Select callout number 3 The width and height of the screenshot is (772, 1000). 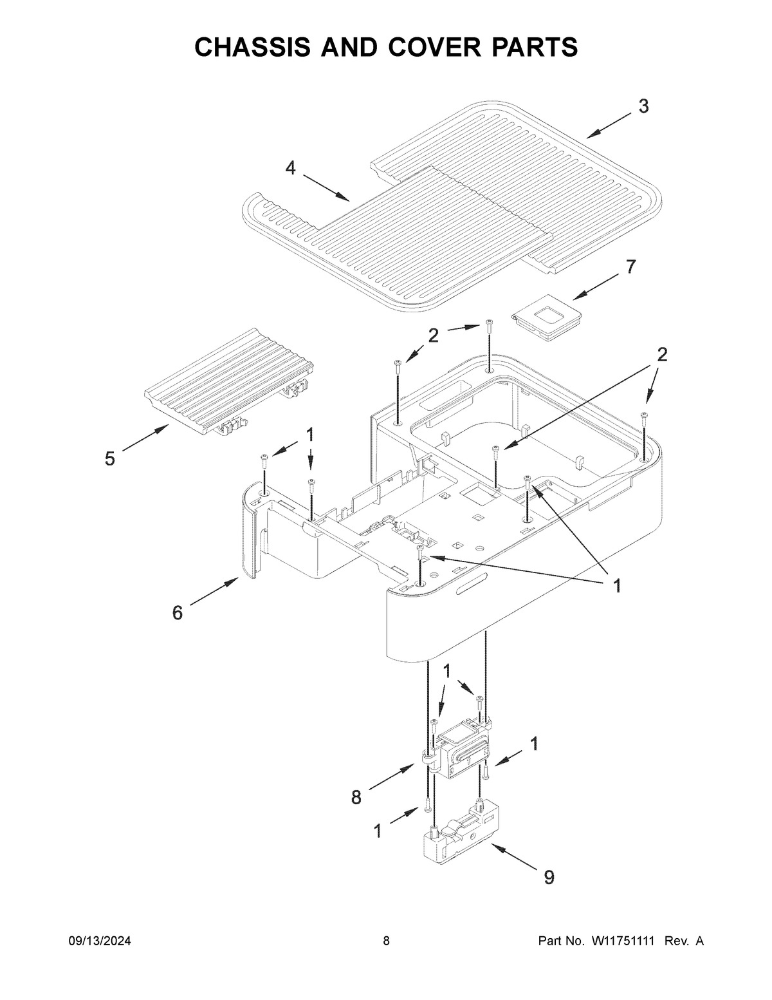pyautogui.click(x=643, y=106)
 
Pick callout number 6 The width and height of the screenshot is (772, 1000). pyautogui.click(x=178, y=612)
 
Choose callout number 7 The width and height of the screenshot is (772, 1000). pyautogui.click(x=630, y=267)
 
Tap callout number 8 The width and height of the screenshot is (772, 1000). pyautogui.click(x=356, y=798)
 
